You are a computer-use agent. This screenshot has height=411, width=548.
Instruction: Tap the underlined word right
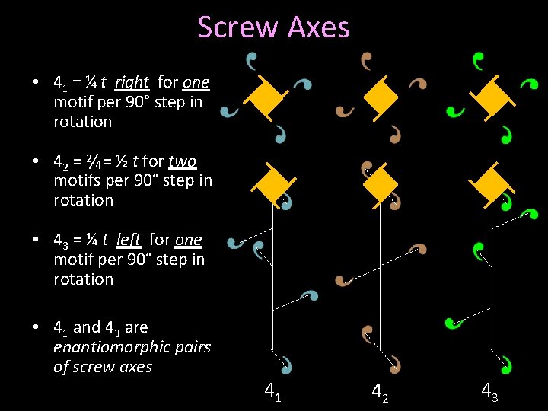click(x=132, y=82)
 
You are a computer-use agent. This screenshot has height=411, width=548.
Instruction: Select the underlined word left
click(x=128, y=240)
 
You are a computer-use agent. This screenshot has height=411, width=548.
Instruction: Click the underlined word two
click(x=183, y=161)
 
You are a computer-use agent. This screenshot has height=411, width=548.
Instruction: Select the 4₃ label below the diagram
click(x=489, y=391)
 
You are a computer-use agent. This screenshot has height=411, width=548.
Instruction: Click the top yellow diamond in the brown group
click(x=380, y=96)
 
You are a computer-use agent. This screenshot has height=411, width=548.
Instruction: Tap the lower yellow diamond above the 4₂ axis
click(x=381, y=183)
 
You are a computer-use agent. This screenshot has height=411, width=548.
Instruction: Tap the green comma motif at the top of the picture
click(x=477, y=58)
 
